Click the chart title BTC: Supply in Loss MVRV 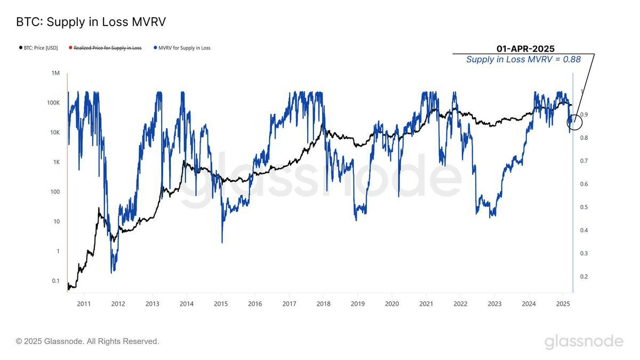[91, 22]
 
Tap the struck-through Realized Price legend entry [107, 48]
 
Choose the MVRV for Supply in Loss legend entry [183, 48]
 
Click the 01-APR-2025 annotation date [525, 49]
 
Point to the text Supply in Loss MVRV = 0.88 [523, 60]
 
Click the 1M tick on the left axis [55, 73]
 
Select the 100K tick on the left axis [53, 103]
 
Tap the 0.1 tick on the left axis [55, 281]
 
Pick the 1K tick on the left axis [55, 162]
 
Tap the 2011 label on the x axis [84, 304]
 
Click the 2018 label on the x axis [323, 304]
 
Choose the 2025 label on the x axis [563, 304]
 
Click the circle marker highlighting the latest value [574, 122]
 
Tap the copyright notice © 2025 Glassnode [87, 341]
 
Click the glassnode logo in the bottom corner [583, 341]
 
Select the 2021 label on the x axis [426, 304]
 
